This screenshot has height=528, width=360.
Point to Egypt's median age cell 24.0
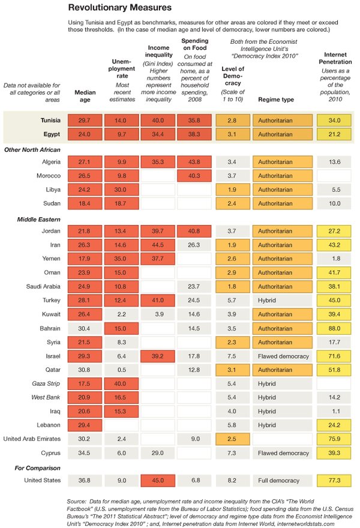click(85, 134)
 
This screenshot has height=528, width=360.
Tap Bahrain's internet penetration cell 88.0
click(334, 311)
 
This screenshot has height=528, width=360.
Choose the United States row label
click(41, 480)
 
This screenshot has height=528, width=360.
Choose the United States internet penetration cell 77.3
click(334, 480)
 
